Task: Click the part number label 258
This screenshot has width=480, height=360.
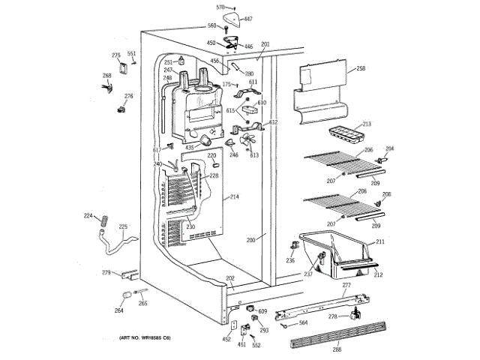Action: pyautogui.click(x=361, y=68)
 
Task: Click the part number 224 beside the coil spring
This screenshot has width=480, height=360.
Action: pyautogui.click(x=88, y=216)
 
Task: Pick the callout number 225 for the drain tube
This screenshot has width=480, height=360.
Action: pyautogui.click(x=123, y=226)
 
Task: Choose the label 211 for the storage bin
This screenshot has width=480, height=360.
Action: pyautogui.click(x=379, y=241)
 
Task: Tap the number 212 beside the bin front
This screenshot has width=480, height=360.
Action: pyautogui.click(x=379, y=274)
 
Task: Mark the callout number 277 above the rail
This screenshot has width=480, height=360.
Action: pyautogui.click(x=346, y=286)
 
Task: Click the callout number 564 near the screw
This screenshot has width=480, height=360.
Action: pyautogui.click(x=303, y=323)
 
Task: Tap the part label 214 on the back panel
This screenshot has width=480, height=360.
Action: pyautogui.click(x=234, y=196)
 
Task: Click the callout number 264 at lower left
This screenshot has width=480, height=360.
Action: pyautogui.click(x=118, y=310)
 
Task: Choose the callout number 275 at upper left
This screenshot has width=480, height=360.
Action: pyautogui.click(x=116, y=55)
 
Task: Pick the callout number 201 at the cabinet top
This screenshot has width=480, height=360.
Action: pyautogui.click(x=265, y=44)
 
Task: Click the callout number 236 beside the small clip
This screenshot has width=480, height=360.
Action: pyautogui.click(x=290, y=260)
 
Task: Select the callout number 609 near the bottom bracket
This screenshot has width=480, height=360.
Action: pyautogui.click(x=262, y=310)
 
